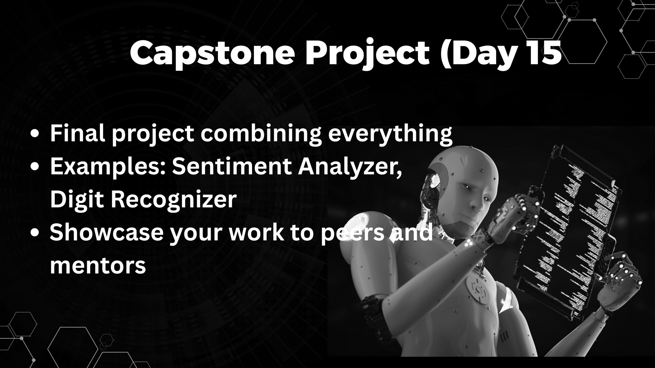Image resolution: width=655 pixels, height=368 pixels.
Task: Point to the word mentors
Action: click(x=98, y=265)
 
